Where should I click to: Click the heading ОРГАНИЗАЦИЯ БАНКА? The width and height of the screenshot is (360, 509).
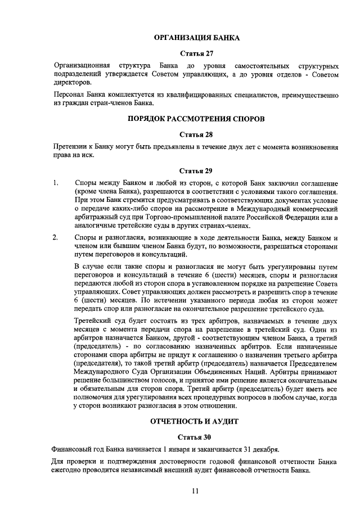pyautogui.click(x=197, y=38)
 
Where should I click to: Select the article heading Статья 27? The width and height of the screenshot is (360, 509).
pyautogui.click(x=196, y=54)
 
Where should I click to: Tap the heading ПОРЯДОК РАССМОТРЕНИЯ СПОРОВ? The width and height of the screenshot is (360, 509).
pyautogui.click(x=196, y=119)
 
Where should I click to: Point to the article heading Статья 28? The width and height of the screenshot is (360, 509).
pyautogui.click(x=196, y=135)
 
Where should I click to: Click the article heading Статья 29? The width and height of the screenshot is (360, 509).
pyautogui.click(x=196, y=171)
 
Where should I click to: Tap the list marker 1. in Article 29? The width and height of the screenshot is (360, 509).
pyautogui.click(x=56, y=183)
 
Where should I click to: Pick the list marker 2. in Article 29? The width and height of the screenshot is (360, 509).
pyautogui.click(x=56, y=237)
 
